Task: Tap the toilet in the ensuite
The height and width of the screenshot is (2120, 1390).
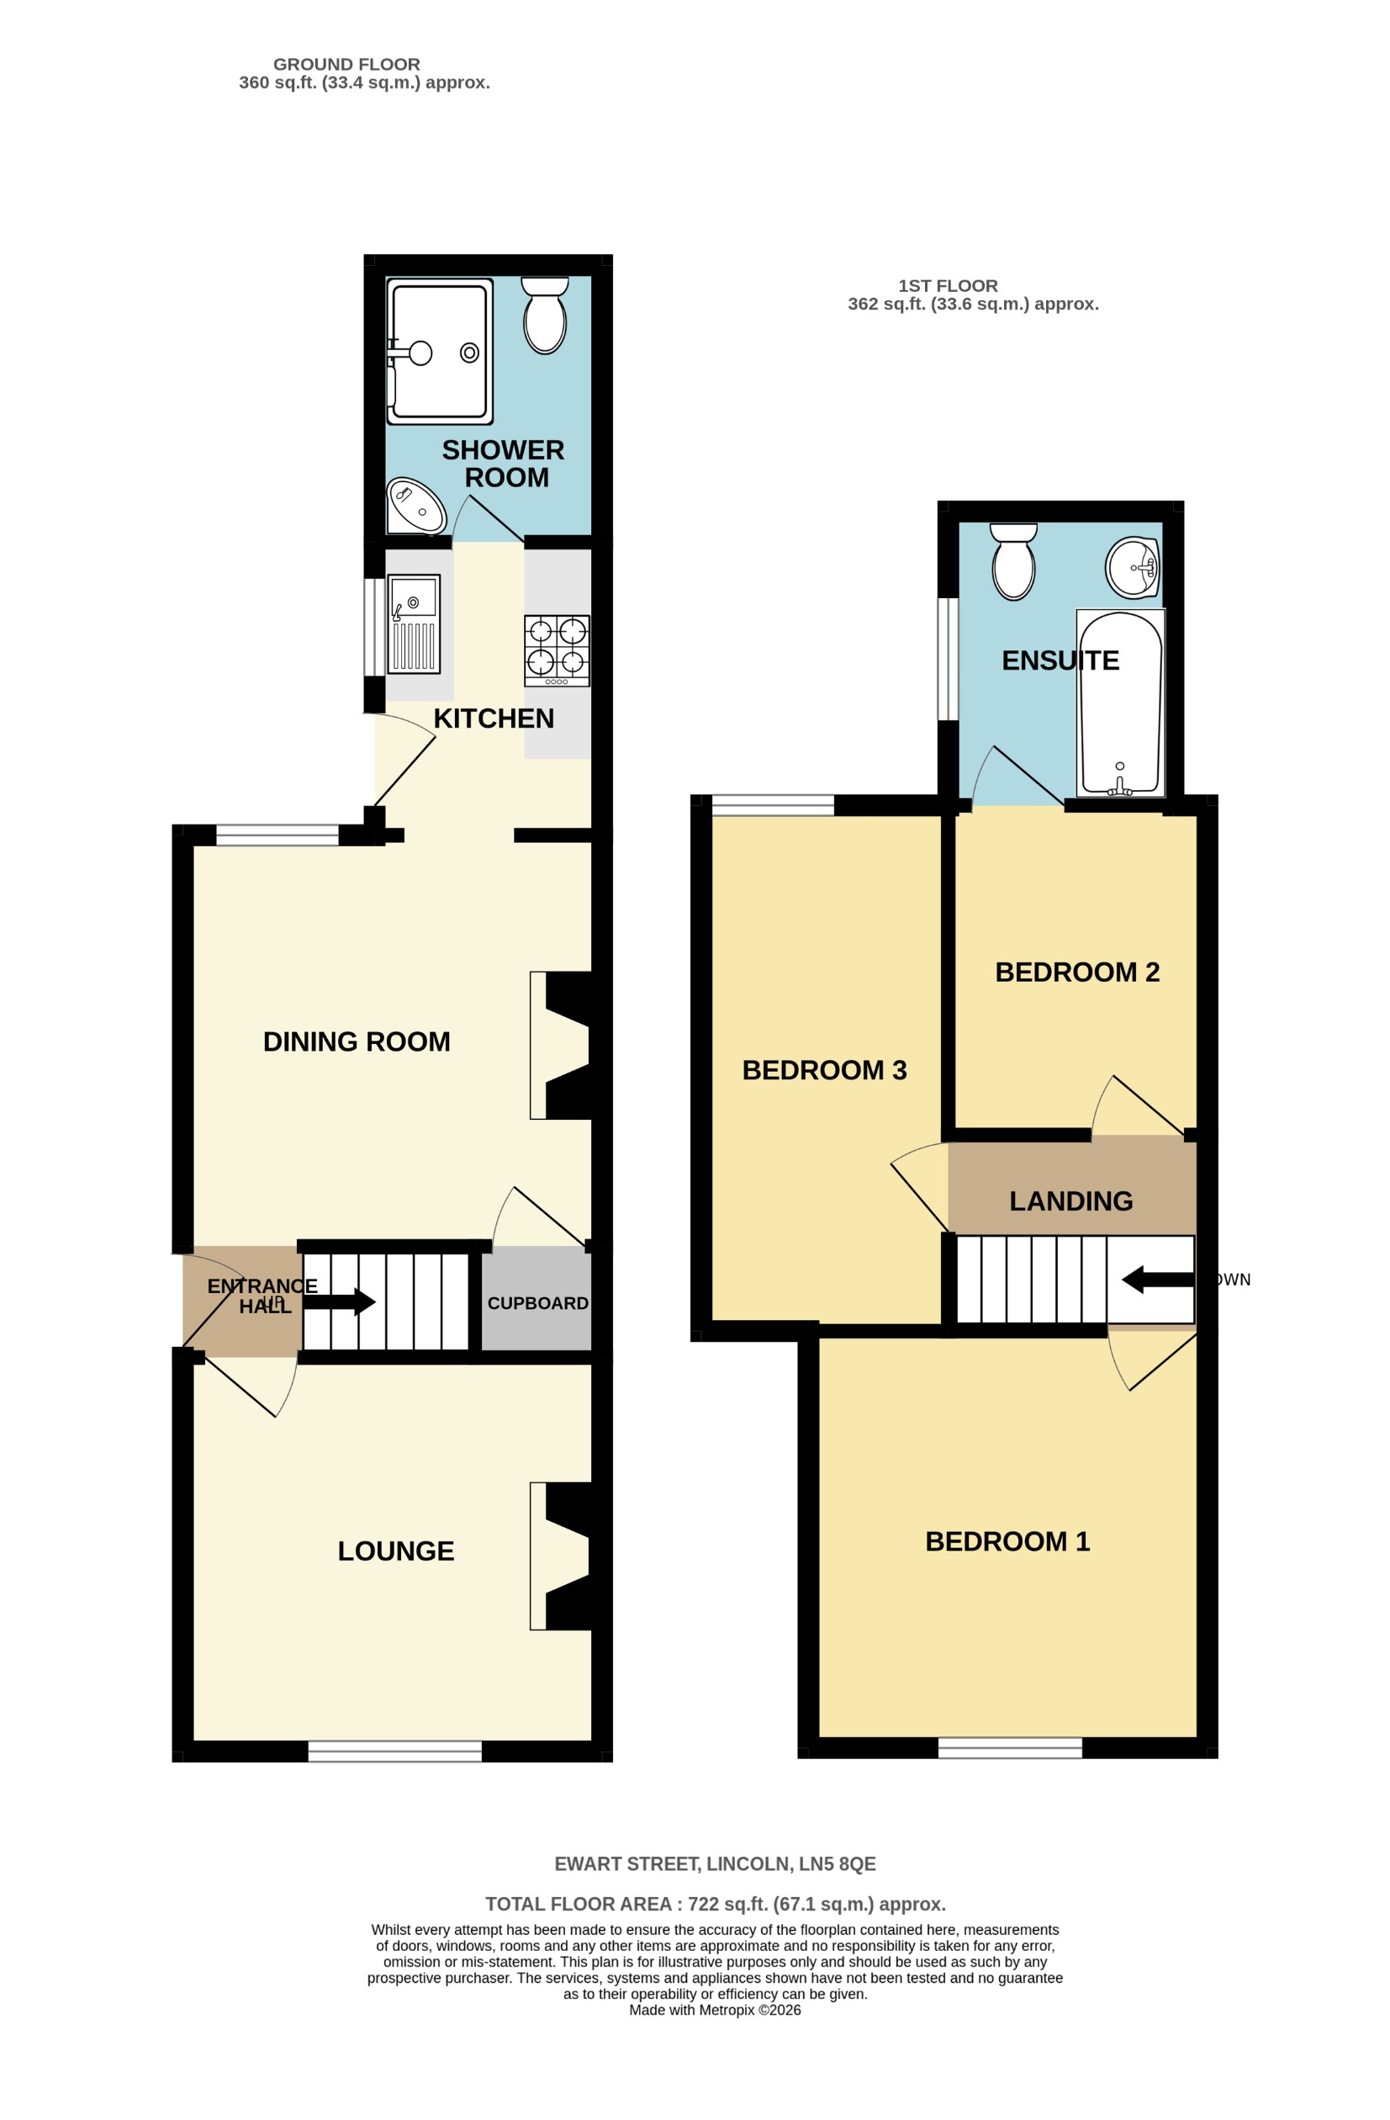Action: click(x=1013, y=560)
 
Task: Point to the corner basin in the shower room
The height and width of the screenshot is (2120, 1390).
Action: click(x=415, y=506)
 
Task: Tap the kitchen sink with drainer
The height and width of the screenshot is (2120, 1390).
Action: click(x=414, y=623)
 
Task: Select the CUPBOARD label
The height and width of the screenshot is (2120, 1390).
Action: click(x=537, y=1303)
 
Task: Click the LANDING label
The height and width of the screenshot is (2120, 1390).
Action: click(x=1070, y=1200)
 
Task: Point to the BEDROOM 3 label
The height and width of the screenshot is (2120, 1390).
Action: click(x=824, y=1070)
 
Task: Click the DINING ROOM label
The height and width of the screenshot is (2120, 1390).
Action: click(x=357, y=1041)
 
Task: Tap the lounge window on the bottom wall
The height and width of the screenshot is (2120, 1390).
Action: click(x=394, y=1752)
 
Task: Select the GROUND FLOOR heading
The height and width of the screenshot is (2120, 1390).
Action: click(x=346, y=64)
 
